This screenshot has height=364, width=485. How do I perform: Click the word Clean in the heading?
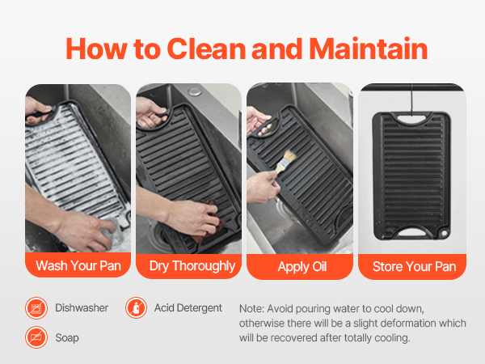(x=206, y=49)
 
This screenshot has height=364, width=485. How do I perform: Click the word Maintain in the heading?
(x=369, y=49)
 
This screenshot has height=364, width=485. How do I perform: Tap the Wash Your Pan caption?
(x=78, y=266)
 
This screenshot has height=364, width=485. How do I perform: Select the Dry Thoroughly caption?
(x=192, y=266)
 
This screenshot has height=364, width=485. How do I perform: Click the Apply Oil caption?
(x=302, y=267)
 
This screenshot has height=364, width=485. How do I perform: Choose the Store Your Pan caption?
(x=414, y=266)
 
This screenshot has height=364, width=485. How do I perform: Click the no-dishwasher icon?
(x=36, y=308)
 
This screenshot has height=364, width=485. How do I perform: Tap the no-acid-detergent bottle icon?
(x=136, y=308)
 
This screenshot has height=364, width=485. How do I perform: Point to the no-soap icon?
(x=36, y=337)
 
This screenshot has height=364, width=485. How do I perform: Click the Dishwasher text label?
(x=82, y=308)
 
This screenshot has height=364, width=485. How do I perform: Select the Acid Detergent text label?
(x=188, y=308)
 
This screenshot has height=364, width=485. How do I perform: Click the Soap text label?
(x=67, y=337)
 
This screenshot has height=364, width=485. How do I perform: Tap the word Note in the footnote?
(x=251, y=309)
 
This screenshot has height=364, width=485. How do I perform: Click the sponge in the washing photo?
(x=114, y=231)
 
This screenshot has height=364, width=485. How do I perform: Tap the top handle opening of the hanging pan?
(x=411, y=119)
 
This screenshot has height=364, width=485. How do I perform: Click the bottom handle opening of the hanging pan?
(x=411, y=232)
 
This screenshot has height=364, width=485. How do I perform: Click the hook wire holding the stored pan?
(x=411, y=99)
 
